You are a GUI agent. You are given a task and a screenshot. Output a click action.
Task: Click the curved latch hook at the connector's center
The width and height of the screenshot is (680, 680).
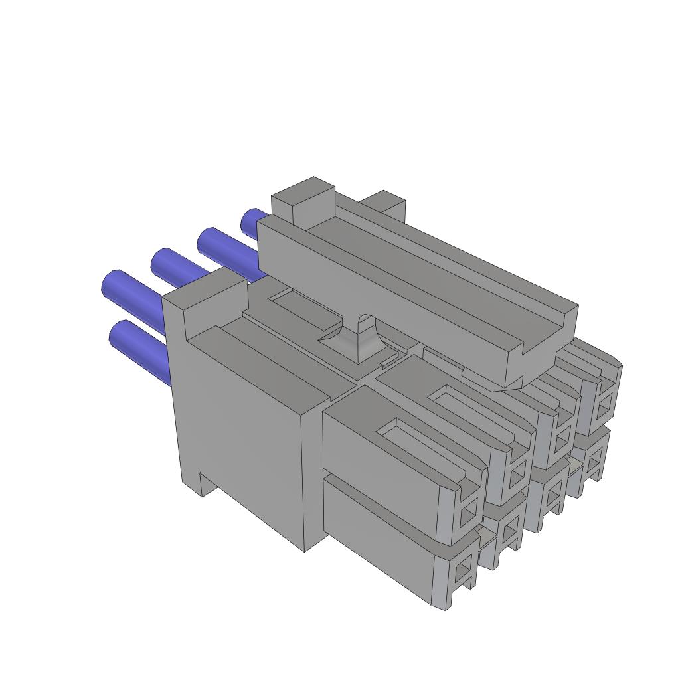359,335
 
